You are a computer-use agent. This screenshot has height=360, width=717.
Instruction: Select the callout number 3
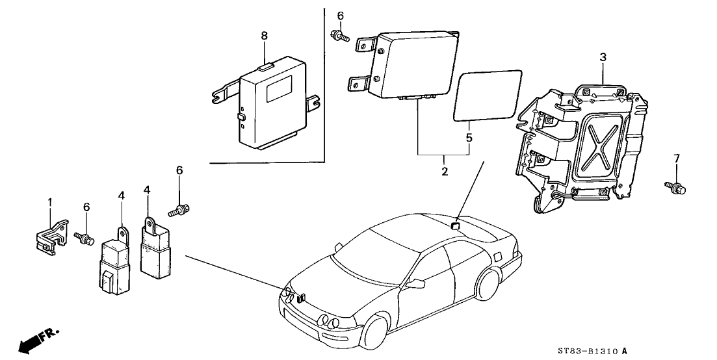point(603,58)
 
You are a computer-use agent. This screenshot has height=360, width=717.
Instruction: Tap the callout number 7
point(676,158)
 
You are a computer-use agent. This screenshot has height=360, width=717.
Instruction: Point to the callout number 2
point(445,172)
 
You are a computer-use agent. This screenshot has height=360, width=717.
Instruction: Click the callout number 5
point(468,138)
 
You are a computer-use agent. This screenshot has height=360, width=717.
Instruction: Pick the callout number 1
point(49,202)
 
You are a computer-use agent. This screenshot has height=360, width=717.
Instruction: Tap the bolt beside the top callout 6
point(339,36)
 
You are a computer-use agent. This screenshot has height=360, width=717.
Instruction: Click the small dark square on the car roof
point(455,225)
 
